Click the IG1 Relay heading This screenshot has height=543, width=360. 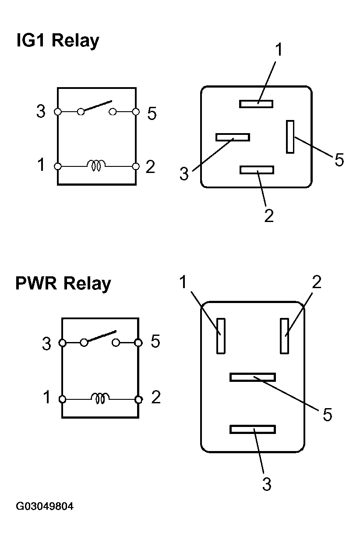click(57, 41)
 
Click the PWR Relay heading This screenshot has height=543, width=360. click(63, 283)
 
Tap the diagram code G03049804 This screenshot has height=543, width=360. click(45, 507)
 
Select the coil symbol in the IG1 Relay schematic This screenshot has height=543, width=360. click(96, 166)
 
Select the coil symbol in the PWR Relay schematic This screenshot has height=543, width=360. click(100, 398)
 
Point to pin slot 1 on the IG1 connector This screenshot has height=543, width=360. click(256, 104)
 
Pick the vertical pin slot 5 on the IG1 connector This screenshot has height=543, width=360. click(290, 137)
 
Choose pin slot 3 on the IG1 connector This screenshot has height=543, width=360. click(233, 137)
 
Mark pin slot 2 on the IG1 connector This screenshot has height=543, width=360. click(257, 170)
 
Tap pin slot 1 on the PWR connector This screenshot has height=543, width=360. click(221, 336)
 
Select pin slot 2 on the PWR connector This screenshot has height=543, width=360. click(285, 336)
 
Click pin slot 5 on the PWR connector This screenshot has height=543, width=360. click(253, 377)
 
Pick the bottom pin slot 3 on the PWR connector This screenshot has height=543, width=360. click(253, 429)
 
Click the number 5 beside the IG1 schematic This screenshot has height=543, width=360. click(152, 114)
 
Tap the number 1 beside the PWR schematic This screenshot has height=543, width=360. click(47, 398)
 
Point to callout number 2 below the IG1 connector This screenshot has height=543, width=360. click(269, 215)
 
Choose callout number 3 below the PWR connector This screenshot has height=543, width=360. click(267, 484)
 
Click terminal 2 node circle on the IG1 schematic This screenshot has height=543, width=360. click(136, 166)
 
